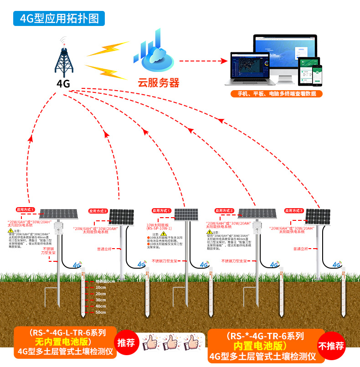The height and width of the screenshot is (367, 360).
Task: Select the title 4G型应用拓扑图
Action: (60, 18)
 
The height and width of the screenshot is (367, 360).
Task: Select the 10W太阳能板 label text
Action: (158, 225)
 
